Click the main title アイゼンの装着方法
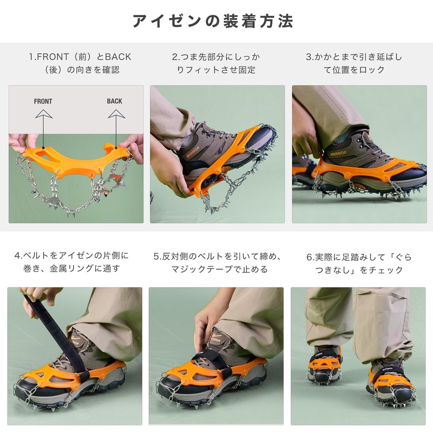click(x=213, y=21)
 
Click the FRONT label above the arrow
click(x=43, y=101)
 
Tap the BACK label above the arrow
click(x=115, y=101)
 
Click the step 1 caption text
click(x=76, y=63)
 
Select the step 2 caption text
click(x=216, y=63)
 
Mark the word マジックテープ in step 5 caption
click(x=201, y=270)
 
